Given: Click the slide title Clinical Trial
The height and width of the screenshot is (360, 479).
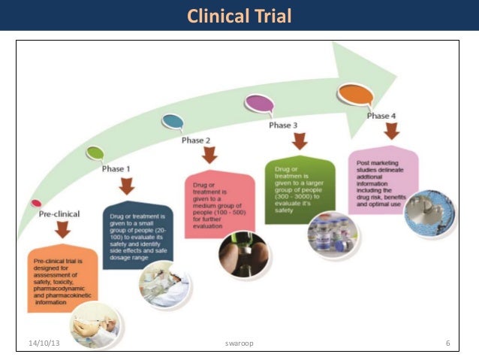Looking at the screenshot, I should (x=239, y=16).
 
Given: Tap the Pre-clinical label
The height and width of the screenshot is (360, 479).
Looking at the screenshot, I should (x=61, y=214).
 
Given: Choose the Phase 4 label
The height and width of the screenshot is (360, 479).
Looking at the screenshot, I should (x=381, y=116).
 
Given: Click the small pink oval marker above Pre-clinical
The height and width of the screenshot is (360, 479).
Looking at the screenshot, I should (x=36, y=202).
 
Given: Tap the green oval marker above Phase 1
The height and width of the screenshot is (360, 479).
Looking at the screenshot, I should (x=95, y=154).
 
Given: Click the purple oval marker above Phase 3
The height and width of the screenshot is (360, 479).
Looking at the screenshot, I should (x=258, y=102).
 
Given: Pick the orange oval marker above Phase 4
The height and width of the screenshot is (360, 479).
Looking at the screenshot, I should (x=355, y=94).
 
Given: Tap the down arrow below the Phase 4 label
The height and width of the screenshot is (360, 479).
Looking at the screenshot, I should (x=391, y=132).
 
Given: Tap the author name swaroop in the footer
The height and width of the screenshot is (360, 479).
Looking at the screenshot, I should (x=239, y=343).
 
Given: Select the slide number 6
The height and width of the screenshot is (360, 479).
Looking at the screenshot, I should (x=447, y=343).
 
